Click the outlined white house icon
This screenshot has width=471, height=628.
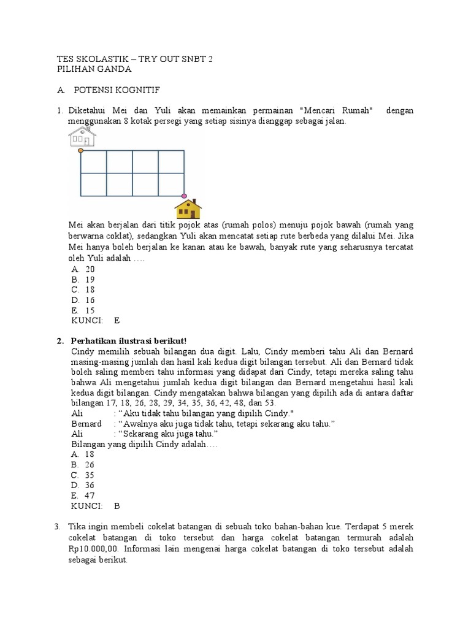82,137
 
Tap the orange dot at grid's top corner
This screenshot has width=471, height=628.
81,150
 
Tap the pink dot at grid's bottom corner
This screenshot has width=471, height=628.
184,196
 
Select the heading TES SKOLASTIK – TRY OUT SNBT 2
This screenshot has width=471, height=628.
134,59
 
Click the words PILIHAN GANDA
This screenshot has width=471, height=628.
94,69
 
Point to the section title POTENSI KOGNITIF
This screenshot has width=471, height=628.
117,90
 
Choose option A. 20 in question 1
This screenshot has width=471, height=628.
83,269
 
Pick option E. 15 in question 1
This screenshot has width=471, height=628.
83,310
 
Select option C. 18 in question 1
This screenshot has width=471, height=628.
83,289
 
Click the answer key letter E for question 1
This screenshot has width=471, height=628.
117,320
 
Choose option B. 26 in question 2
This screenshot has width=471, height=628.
83,465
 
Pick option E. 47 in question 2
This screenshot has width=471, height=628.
83,496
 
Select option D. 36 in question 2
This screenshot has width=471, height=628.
83,485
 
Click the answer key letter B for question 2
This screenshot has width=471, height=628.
117,506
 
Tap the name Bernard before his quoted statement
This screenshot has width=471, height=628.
86,424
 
